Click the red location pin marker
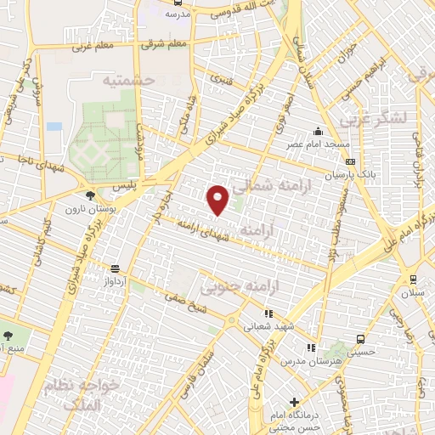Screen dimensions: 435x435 point(218,199)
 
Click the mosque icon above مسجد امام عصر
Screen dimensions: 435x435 point(318,131)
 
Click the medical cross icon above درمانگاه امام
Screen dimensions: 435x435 point(295,401)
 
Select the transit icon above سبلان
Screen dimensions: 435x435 point(413,280)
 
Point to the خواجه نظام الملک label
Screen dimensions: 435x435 point(85,390)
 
